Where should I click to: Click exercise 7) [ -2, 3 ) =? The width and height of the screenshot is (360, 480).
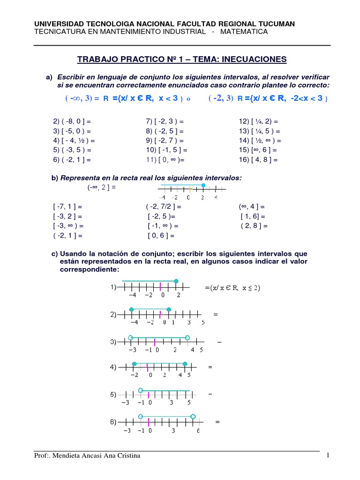pyautogui.click(x=165, y=121)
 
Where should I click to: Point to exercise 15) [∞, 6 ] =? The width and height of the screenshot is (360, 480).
pyautogui.click(x=258, y=150)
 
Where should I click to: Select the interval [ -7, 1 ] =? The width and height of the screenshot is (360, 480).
pyautogui.click(x=68, y=206)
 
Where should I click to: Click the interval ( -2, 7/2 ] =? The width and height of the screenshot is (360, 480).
pyautogui.click(x=164, y=206)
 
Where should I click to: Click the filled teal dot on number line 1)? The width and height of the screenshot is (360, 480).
pyautogui.click(x=176, y=281)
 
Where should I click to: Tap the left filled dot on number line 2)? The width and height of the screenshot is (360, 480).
pyautogui.click(x=132, y=309)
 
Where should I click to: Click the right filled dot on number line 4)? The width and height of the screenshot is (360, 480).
pyautogui.click(x=185, y=364)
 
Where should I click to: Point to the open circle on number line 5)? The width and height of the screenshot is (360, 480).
pyautogui.click(x=141, y=390)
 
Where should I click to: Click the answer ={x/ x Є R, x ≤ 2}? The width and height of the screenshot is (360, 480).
pyautogui.click(x=232, y=288)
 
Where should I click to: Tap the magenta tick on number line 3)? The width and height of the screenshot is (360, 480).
pyautogui.click(x=155, y=342)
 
